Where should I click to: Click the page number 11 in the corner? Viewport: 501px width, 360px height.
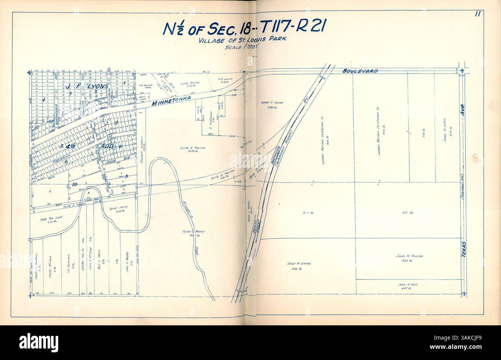click(x=477, y=15)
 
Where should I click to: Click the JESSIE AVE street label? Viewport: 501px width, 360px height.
click(x=116, y=162)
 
